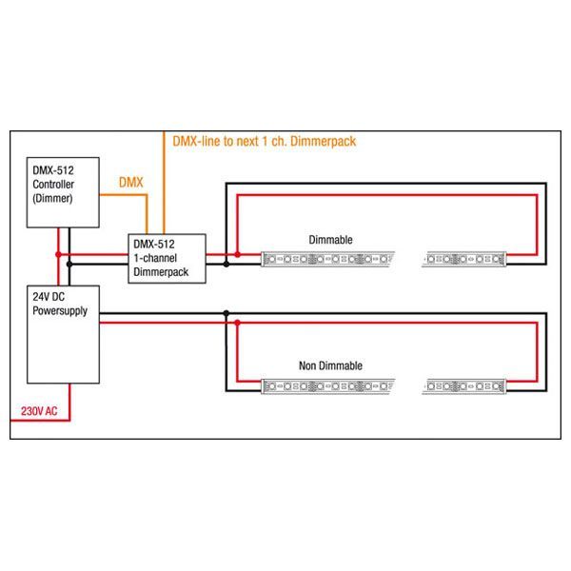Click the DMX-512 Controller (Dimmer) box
click(63, 192)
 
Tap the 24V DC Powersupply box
click(63, 333)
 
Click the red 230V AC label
click(40, 411)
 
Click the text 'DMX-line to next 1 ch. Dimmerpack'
click(265, 141)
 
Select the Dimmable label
click(330, 240)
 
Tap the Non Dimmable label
click(330, 365)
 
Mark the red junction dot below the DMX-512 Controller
click(59, 254)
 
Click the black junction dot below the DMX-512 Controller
click(69, 263)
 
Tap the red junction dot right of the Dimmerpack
click(237, 254)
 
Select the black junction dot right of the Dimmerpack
click(226, 263)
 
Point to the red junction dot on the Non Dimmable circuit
click(237, 323)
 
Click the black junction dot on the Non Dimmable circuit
click(226, 313)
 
